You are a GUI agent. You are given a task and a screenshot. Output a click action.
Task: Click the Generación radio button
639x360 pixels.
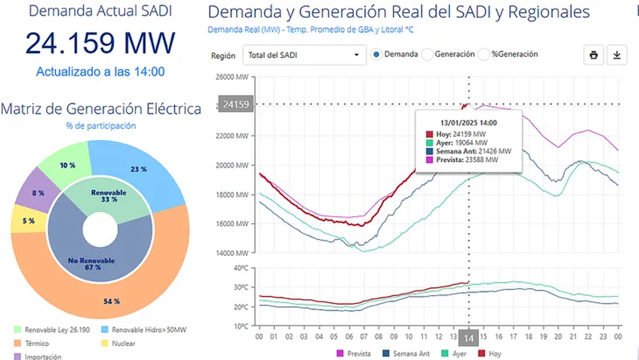pos(427,54)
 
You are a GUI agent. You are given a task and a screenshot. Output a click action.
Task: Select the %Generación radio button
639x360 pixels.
pos(484,54)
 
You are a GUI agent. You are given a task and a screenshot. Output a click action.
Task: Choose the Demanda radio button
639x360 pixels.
pos(376,54)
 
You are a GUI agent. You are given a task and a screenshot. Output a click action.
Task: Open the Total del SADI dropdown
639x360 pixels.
pos(304,55)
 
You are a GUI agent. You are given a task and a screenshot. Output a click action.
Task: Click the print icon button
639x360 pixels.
pos(594,55)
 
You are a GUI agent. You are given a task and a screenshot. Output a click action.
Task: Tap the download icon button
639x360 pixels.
pos(617,55)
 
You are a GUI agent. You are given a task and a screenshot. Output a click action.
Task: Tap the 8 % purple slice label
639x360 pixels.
pos(38,193)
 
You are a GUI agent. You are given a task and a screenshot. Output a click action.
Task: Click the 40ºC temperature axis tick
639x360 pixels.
pos(241,268)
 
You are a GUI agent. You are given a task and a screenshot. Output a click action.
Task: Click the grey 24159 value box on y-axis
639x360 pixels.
pos(236,104)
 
